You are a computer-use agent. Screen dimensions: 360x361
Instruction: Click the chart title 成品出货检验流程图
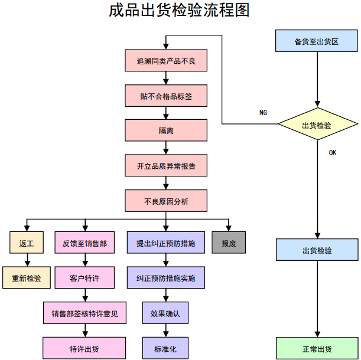(180, 11)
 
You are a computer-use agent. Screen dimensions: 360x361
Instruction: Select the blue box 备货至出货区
(317, 41)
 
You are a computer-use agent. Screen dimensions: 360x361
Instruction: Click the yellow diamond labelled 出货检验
(317, 125)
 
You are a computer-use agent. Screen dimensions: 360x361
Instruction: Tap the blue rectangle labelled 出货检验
(317, 250)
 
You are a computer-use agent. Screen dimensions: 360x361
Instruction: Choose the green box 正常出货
(317, 348)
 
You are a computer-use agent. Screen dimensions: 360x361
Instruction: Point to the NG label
(263, 112)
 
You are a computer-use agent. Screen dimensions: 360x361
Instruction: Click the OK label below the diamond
(333, 153)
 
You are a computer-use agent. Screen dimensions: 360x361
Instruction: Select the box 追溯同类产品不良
(166, 60)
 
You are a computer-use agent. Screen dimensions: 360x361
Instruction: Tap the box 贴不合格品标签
(166, 96)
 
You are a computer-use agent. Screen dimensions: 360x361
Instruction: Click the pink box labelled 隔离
(166, 130)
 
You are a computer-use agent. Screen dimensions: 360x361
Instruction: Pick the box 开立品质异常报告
(166, 166)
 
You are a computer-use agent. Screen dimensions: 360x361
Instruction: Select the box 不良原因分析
(166, 201)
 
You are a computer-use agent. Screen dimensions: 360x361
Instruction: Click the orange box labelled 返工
(27, 243)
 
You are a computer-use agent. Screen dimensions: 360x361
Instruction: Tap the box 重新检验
(27, 277)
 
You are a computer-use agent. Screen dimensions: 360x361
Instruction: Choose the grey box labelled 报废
(229, 243)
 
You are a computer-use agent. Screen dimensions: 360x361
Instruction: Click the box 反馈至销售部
(84, 243)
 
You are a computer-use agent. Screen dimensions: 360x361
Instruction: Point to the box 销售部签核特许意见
(84, 313)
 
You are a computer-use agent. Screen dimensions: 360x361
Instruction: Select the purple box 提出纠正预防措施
(166, 243)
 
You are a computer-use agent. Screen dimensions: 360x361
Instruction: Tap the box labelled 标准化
(165, 348)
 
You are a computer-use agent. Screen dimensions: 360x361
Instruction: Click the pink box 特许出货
(84, 348)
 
